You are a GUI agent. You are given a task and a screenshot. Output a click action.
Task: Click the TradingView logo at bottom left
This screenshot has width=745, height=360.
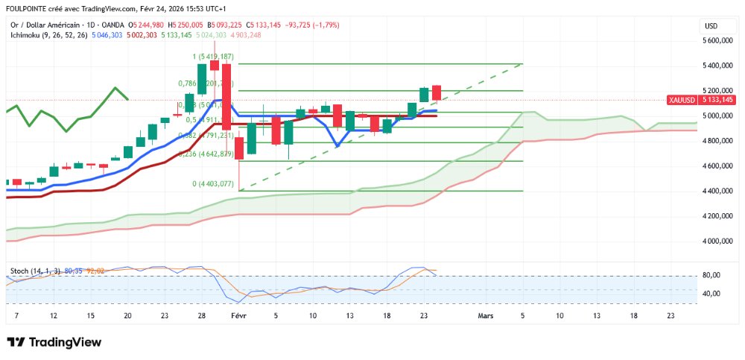54,342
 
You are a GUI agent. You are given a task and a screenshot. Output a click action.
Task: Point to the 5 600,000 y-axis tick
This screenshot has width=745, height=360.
720,40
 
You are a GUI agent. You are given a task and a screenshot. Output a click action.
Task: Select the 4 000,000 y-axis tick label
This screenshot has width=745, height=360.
720,241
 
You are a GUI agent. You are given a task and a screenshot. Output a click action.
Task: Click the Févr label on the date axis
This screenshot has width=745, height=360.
238,315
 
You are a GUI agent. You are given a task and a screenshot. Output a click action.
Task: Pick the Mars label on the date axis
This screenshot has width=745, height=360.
485,315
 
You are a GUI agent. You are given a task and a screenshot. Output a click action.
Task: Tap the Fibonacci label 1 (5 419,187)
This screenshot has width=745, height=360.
213,57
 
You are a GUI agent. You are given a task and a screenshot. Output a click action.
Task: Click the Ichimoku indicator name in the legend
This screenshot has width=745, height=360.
28,34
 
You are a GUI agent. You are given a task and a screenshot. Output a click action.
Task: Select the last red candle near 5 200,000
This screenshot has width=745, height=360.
437,92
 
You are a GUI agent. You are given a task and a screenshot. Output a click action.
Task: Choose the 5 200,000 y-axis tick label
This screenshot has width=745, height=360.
720,91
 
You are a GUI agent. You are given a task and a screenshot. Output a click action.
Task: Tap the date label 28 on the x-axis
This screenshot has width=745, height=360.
202,315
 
